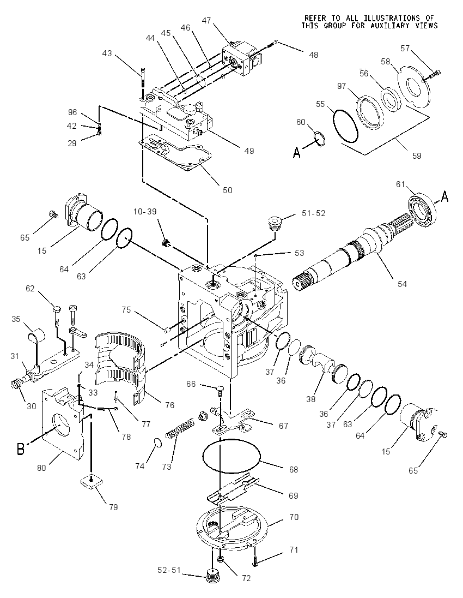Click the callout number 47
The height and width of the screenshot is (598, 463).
click(206, 21)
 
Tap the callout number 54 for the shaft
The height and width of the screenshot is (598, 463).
click(402, 284)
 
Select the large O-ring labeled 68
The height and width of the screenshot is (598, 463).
click(231, 457)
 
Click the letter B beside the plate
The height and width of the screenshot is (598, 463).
click(21, 449)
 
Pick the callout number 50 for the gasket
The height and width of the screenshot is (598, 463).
click(227, 190)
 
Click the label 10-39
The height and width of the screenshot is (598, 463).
click(145, 212)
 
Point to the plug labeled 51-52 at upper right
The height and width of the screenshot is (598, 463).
click(274, 223)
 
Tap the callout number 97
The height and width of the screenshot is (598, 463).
click(341, 86)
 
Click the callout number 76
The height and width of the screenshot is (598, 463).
click(170, 405)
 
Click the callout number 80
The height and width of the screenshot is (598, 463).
click(41, 468)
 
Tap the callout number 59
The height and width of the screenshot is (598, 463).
click(417, 156)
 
